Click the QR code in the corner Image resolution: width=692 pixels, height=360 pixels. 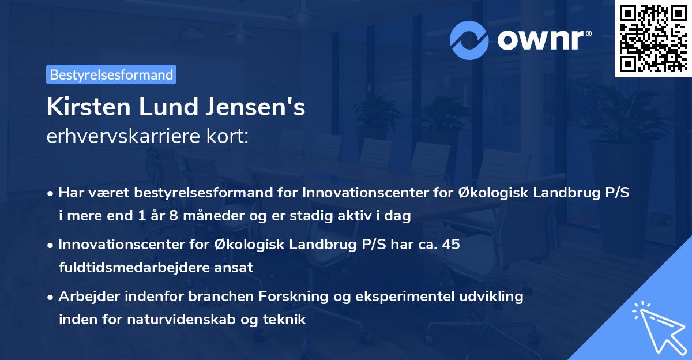coord(653,39)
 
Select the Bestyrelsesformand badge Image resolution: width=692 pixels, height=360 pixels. coord(111,74)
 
